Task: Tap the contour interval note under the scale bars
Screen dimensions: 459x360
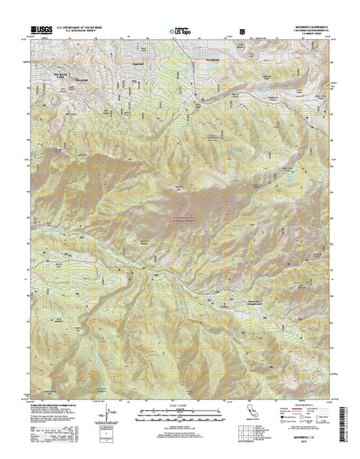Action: [x=180, y=428]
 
